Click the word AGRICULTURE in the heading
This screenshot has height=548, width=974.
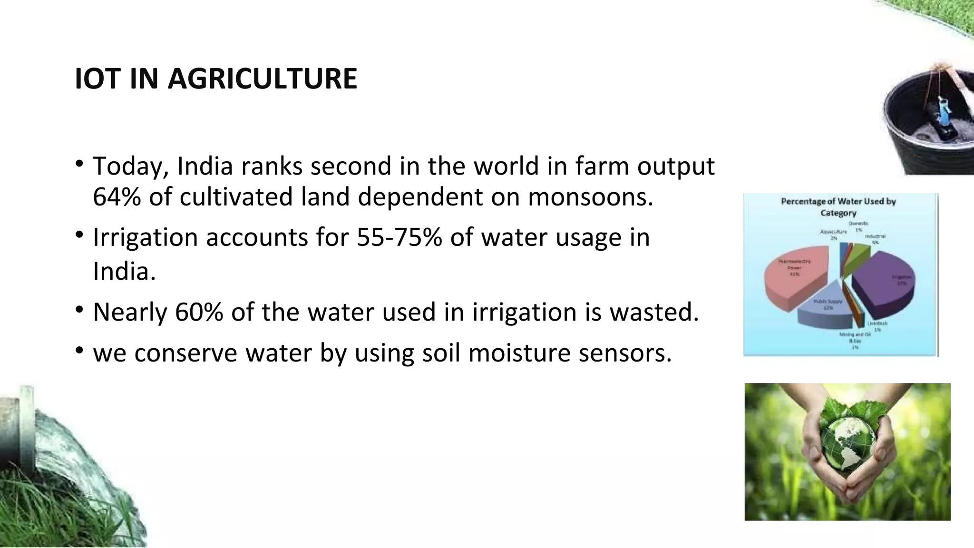(262, 79)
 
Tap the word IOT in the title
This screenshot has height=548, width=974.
(97, 79)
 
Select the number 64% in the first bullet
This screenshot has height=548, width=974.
(117, 196)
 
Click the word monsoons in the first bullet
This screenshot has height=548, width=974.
(590, 196)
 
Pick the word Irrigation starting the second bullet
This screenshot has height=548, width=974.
(145, 237)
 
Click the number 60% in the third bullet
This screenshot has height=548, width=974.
(199, 312)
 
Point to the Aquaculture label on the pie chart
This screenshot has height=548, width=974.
(833, 232)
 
